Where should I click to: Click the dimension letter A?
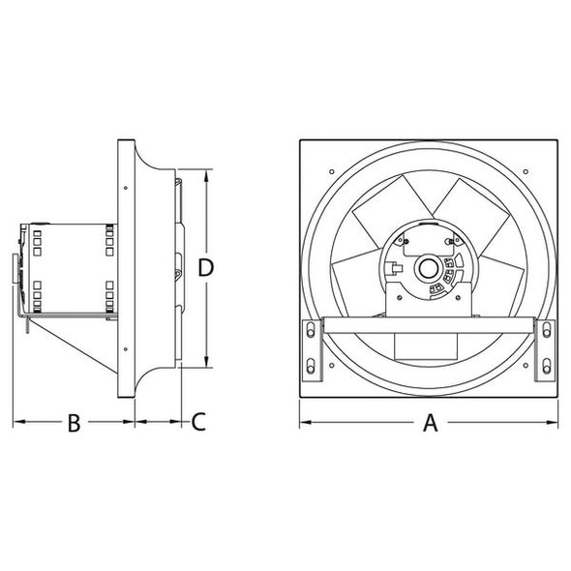pyautogui.click(x=431, y=423)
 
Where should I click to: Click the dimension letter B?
pyautogui.click(x=74, y=423)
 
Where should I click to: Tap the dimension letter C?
pyautogui.click(x=197, y=423)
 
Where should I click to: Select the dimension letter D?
pyautogui.click(x=205, y=268)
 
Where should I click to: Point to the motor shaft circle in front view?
pyautogui.click(x=426, y=268)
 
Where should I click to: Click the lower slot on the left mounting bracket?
pyautogui.click(x=310, y=365)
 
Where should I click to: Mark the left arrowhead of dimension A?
pyautogui.click(x=303, y=423)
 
